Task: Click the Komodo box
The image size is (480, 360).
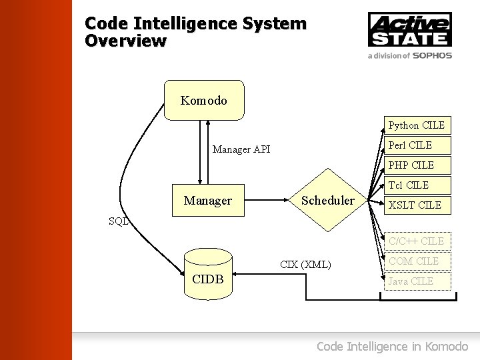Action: tap(204, 101)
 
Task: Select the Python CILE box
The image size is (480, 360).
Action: tap(417, 125)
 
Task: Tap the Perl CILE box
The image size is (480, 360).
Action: tap(417, 145)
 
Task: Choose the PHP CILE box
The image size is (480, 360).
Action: tap(417, 165)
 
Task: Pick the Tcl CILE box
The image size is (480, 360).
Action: tap(417, 185)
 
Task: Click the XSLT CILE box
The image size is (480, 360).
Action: tap(417, 205)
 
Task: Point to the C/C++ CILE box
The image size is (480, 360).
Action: tap(417, 241)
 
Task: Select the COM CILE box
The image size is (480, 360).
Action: tap(417, 261)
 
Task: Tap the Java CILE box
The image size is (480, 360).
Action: tap(417, 281)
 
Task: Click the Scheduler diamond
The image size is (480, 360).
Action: tap(328, 201)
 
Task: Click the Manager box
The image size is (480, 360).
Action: tap(208, 201)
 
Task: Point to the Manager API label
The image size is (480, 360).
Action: tap(241, 149)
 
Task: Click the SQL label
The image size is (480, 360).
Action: tap(119, 221)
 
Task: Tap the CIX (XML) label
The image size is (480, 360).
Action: tap(305, 265)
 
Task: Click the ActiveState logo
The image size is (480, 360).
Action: tap(410, 29)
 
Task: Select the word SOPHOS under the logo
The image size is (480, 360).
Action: tap(432, 56)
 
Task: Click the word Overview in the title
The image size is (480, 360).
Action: tap(125, 41)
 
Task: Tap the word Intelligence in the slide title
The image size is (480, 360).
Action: tap(179, 24)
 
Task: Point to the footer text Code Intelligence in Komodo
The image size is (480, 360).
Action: tap(392, 346)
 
